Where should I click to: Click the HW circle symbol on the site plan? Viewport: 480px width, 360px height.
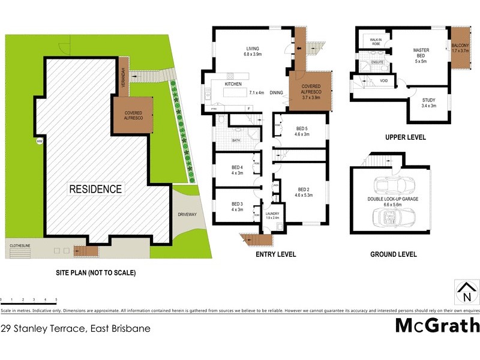point(40,142)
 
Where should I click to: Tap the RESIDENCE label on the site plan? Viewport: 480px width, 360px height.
point(95,189)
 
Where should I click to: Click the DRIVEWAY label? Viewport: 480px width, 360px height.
point(187,214)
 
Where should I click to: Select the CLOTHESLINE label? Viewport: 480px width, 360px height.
point(23,245)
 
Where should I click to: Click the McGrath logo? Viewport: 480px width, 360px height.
point(437,326)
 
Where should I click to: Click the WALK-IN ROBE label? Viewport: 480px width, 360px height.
point(376,41)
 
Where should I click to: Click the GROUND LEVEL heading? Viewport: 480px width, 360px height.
point(394,254)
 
